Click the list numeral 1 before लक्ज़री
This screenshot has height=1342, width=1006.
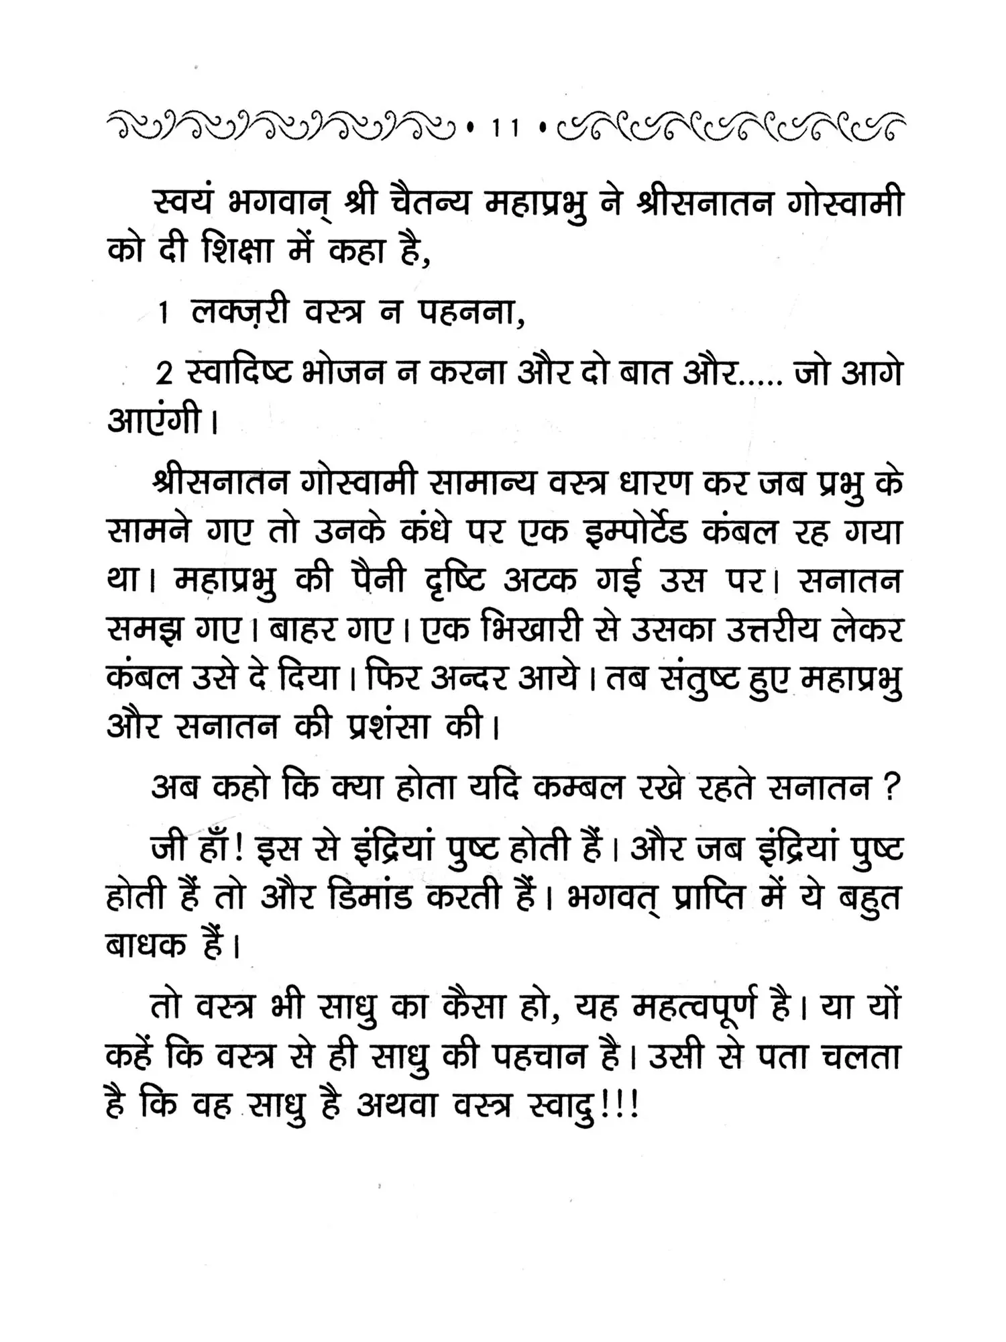(x=164, y=315)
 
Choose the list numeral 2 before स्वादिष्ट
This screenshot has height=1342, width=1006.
(x=164, y=374)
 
